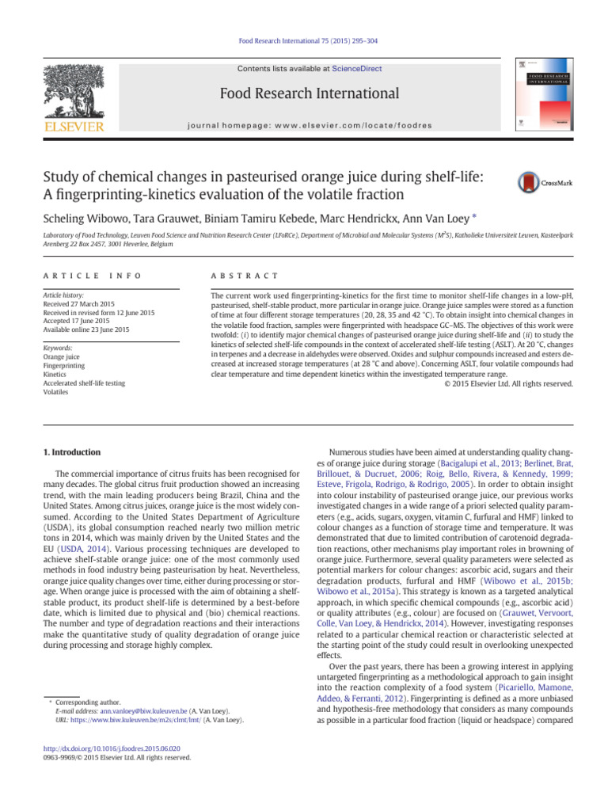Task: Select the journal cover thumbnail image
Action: (x=544, y=93)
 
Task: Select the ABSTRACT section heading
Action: (x=243, y=275)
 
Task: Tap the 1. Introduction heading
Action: (x=71, y=452)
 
